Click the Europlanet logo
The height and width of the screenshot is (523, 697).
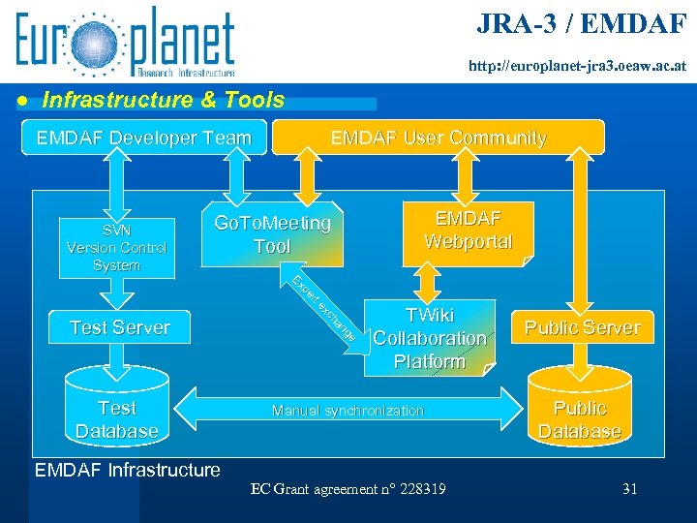[125, 43]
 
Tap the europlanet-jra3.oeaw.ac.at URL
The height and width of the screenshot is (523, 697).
[578, 68]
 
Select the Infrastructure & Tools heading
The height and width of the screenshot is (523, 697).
[164, 100]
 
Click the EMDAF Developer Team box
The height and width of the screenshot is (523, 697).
[143, 138]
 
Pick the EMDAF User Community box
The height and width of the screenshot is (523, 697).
[439, 138]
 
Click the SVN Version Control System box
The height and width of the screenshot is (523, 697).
[116, 247]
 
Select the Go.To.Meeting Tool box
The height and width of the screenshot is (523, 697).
[272, 235]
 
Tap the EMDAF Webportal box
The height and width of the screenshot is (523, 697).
[469, 230]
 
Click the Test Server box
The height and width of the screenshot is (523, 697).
[119, 327]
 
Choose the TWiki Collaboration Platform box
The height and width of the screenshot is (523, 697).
[429, 338]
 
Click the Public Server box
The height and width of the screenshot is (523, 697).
[582, 327]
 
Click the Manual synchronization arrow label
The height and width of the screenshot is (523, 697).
[348, 411]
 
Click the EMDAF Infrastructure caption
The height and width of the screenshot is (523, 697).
[127, 471]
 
